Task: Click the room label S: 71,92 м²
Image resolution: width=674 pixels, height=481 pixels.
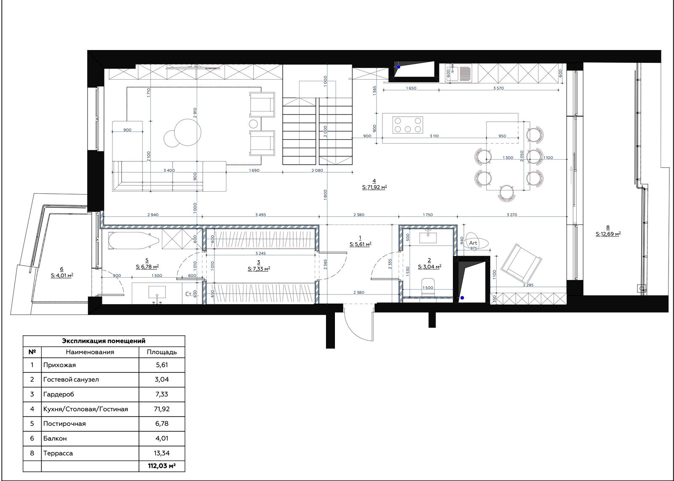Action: pyautogui.click(x=374, y=187)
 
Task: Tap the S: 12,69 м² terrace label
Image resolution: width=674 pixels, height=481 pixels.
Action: pyautogui.click(x=608, y=234)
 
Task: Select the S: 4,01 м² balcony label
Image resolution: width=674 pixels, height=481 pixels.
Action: pyautogui.click(x=62, y=275)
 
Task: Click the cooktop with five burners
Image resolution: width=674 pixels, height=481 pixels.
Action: pyautogui.click(x=408, y=125)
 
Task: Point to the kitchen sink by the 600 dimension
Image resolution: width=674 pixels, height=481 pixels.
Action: pyautogui.click(x=459, y=74)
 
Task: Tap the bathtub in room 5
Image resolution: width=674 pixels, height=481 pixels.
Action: pyautogui.click(x=134, y=240)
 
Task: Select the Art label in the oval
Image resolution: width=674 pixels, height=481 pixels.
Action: pyautogui.click(x=473, y=243)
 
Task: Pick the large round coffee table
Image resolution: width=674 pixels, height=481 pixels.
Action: pyautogui.click(x=188, y=132)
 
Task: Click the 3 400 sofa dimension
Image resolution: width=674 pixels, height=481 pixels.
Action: pyautogui.click(x=169, y=170)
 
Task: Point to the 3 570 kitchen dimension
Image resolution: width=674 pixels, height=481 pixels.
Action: pyautogui.click(x=499, y=88)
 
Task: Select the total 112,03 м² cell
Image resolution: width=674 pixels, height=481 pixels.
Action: pyautogui.click(x=162, y=466)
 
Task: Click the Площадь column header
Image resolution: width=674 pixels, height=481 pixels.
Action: pyautogui.click(x=162, y=352)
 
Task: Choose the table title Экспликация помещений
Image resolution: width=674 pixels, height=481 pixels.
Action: pyautogui.click(x=104, y=341)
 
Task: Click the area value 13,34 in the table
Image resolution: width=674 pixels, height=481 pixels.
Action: pyautogui.click(x=162, y=453)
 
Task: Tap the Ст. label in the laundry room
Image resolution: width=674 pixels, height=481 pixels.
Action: pyautogui.click(x=189, y=294)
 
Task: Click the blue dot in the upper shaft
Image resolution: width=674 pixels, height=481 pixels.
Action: pyautogui.click(x=399, y=67)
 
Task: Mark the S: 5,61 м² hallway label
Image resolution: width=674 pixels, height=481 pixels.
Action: pyautogui.click(x=361, y=245)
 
